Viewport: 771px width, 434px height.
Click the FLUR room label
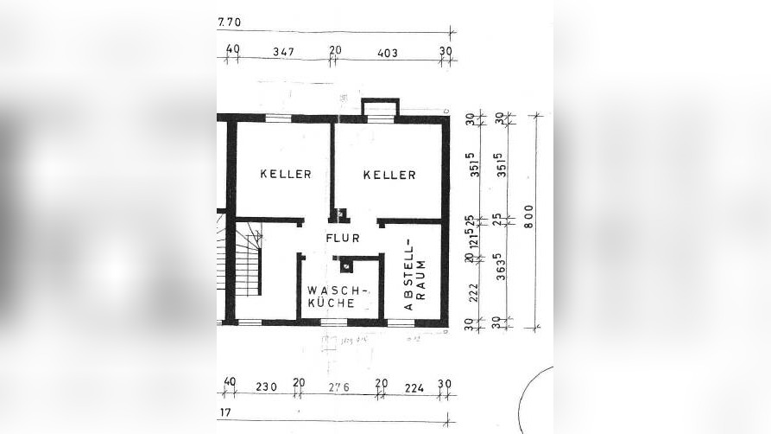click(x=343, y=236)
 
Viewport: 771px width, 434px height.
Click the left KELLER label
click(x=286, y=175)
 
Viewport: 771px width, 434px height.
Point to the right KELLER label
click(x=389, y=175)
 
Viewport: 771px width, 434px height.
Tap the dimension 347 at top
click(x=282, y=52)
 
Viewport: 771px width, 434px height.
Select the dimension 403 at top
click(x=389, y=52)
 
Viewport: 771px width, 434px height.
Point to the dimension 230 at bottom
click(x=266, y=386)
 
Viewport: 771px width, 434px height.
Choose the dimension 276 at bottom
click(x=338, y=386)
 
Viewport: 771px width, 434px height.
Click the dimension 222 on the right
click(x=473, y=294)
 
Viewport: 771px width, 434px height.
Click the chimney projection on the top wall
click(x=379, y=107)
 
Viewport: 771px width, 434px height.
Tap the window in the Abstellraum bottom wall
click(x=399, y=322)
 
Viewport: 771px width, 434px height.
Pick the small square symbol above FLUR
click(x=341, y=212)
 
